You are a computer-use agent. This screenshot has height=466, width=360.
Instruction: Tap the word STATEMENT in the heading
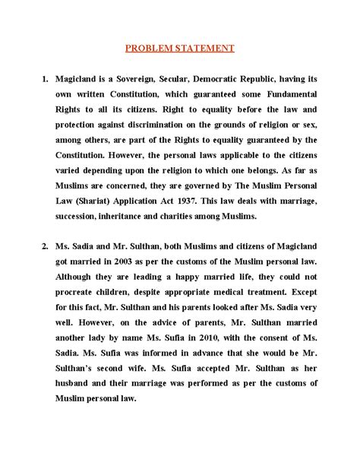click(x=201, y=48)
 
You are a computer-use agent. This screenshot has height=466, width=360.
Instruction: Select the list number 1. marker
click(x=47, y=78)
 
